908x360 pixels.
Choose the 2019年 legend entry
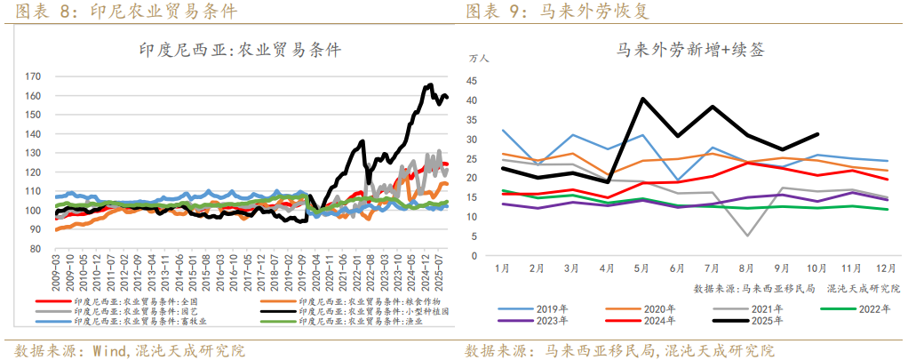coord(548,308)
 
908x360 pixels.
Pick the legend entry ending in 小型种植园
coord(374,312)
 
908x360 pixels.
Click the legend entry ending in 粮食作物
coord(374,302)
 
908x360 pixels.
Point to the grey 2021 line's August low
coord(748,236)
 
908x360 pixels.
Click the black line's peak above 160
coord(431,85)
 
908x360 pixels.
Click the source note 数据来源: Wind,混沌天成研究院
coord(130,349)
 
